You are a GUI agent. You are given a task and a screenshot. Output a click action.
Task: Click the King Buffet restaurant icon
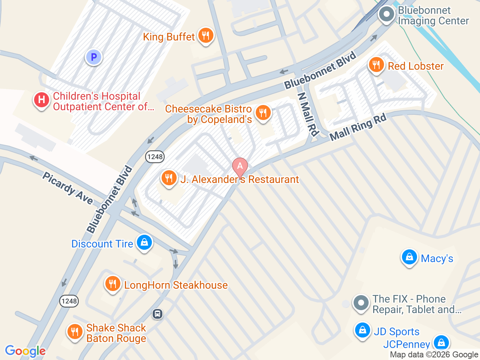[x=205, y=36]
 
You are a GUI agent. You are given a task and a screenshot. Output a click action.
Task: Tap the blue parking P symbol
[x=94, y=57]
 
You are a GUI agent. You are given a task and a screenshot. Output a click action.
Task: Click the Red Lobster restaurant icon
[x=376, y=65]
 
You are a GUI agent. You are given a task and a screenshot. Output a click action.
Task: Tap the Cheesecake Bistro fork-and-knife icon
[x=263, y=112]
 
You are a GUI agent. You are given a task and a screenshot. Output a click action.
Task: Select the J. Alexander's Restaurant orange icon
[x=169, y=178]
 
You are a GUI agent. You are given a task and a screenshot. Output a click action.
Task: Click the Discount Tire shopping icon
[x=144, y=243]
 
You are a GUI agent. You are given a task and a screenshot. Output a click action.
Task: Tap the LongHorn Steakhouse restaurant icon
[x=112, y=284]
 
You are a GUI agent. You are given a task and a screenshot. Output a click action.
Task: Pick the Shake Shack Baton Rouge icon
[x=75, y=332]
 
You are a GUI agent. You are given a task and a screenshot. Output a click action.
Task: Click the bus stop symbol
[x=157, y=313]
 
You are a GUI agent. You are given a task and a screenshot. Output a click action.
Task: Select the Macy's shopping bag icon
[x=409, y=257]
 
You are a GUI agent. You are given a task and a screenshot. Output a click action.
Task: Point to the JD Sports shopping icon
[x=362, y=330]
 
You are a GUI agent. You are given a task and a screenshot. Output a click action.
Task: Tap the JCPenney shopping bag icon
[x=441, y=342]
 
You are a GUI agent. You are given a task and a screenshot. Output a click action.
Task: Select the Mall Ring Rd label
[x=358, y=127]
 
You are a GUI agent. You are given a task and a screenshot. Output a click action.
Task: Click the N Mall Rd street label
[x=308, y=114]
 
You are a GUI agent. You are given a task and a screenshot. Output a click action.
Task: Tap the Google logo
[x=25, y=351]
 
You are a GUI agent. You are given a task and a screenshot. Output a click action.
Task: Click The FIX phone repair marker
[x=361, y=303]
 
